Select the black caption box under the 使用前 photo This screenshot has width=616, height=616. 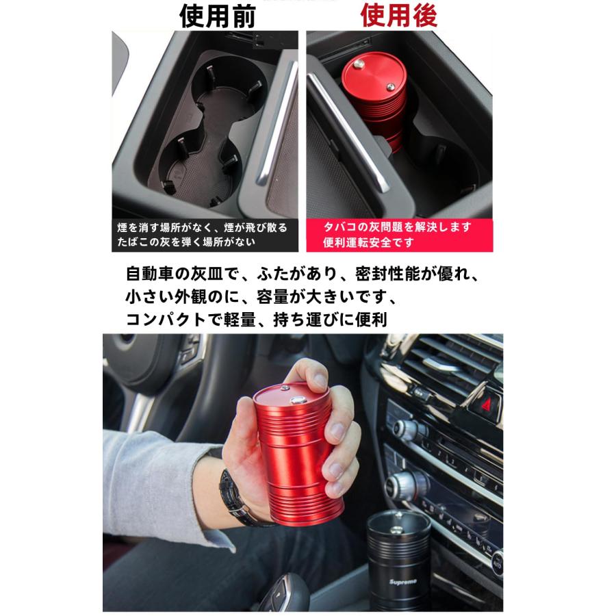205,235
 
